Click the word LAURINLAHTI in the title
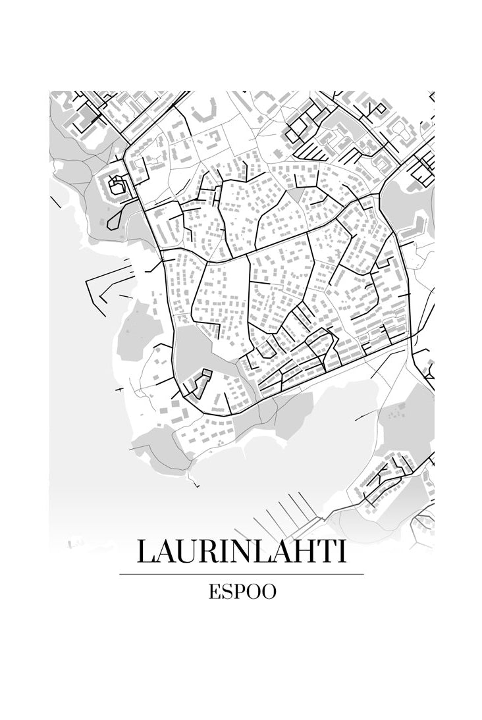point(241,552)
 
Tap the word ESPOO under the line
point(242,592)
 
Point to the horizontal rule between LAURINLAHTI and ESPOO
point(241,574)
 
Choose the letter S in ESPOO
point(227,592)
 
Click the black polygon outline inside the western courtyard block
point(117,184)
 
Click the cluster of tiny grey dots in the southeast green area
point(394,414)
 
